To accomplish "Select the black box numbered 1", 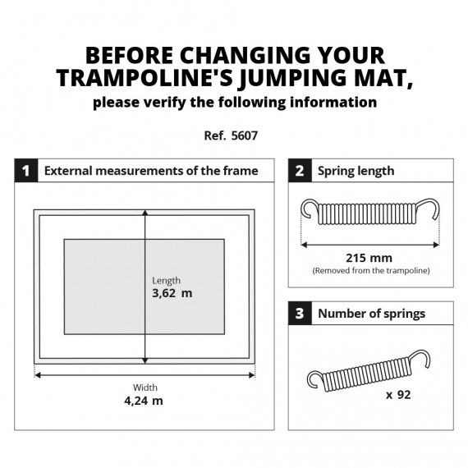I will [x=25, y=171].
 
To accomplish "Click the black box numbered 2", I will [x=299, y=171].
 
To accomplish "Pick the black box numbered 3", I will [x=299, y=313].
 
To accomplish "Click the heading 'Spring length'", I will [x=356, y=171].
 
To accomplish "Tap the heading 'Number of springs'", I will [x=371, y=313].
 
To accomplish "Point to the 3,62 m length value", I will [x=172, y=293].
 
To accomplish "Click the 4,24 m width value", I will [x=145, y=401].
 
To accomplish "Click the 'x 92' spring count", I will [x=398, y=394].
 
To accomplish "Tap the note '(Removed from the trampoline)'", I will [x=371, y=270].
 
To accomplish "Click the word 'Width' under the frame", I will [x=145, y=387].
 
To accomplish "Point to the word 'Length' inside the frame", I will [x=166, y=280].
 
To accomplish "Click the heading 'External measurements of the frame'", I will [x=151, y=171].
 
